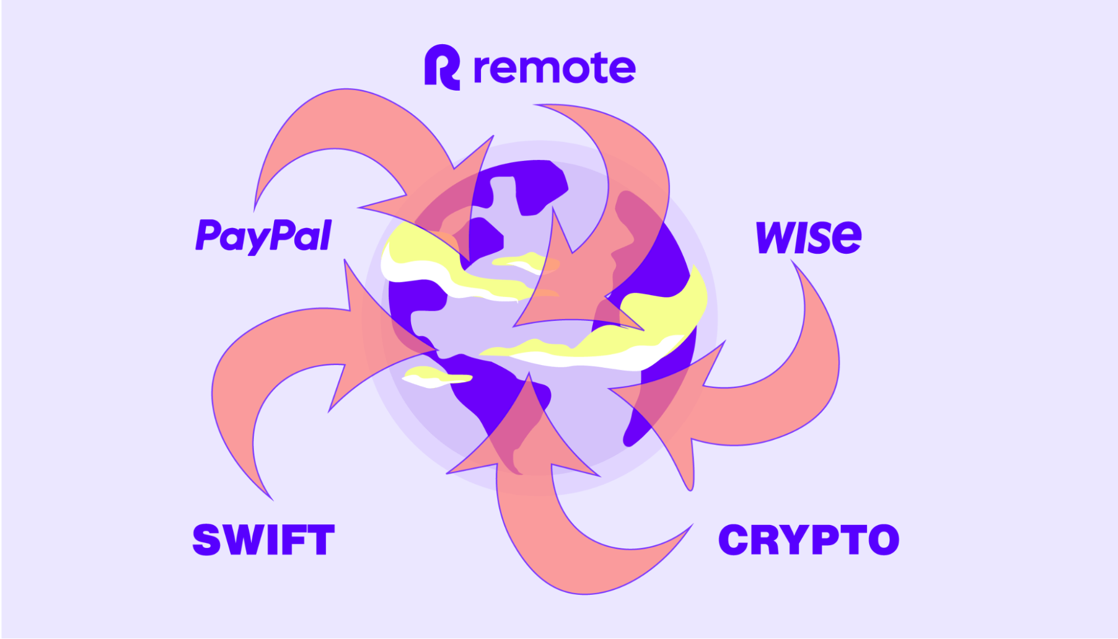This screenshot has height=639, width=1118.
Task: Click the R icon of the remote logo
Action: tap(442, 67)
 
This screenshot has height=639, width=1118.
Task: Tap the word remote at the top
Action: tap(554, 69)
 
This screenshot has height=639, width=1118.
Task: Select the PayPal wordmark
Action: tap(263, 236)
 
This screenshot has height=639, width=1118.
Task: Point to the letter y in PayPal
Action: tap(259, 240)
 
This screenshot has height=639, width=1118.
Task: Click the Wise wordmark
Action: tap(808, 237)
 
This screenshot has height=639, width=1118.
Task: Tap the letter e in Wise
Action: tap(845, 238)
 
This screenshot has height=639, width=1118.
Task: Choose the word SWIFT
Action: tap(263, 540)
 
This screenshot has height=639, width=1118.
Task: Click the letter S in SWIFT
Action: tap(206, 540)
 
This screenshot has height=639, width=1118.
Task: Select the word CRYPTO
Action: tap(809, 540)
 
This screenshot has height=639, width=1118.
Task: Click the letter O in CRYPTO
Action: tap(881, 540)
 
